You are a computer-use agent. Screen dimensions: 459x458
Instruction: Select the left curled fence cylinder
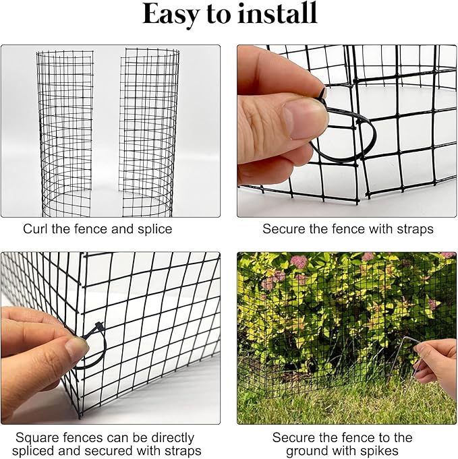click(65, 128)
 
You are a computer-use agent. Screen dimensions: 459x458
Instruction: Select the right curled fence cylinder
click(149, 128)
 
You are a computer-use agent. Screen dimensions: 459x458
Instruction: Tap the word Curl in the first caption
click(36, 229)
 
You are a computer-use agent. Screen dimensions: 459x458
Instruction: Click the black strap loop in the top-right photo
click(344, 142)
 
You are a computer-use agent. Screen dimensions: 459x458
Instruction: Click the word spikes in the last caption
click(380, 451)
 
